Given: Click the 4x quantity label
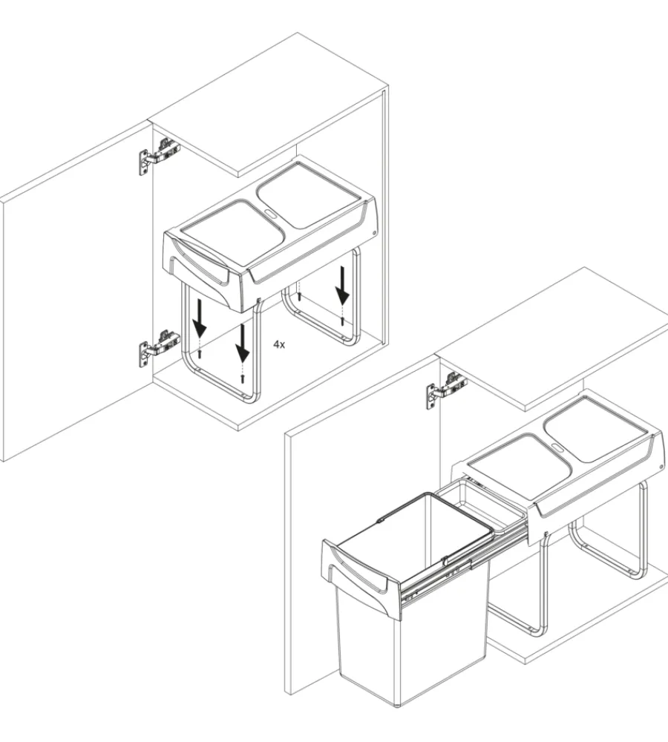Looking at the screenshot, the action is (279, 344).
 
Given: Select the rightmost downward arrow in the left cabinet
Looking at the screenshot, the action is (342, 286).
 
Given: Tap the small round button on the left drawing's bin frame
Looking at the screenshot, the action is (373, 232).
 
